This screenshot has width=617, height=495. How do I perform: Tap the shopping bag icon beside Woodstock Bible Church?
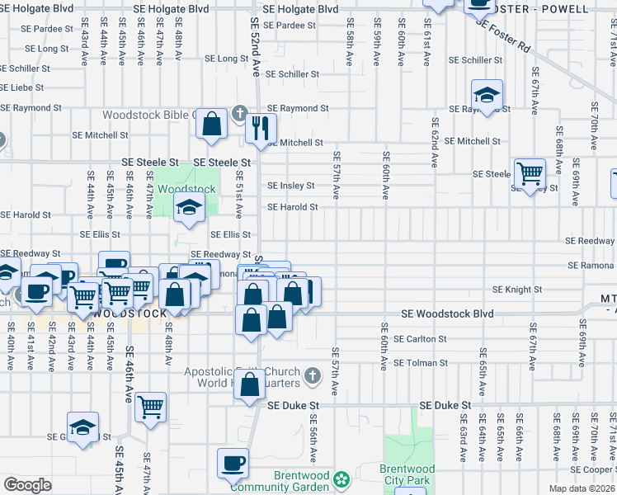212,124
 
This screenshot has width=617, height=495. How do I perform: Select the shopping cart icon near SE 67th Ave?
530,173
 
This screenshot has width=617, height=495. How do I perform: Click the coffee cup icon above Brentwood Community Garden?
233,463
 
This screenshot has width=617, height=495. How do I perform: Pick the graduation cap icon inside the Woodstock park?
189,208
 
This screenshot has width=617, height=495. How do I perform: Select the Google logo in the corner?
27,485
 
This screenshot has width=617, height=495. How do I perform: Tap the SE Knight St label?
516,290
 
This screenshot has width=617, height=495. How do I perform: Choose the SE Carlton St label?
420,339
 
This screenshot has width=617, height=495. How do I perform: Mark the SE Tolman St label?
420,363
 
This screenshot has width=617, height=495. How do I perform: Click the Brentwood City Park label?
407,474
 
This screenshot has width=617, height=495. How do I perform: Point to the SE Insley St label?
290,186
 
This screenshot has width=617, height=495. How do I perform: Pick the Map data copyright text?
582,488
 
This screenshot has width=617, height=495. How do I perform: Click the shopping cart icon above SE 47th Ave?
150,407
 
